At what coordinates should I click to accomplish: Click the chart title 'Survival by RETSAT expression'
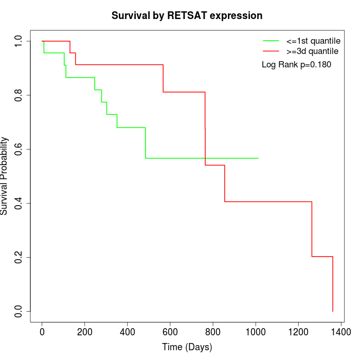click(x=187, y=15)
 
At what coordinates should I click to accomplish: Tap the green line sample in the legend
click(x=271, y=41)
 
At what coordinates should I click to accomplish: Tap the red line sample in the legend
click(x=271, y=51)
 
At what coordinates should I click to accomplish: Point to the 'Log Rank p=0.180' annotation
click(x=296, y=65)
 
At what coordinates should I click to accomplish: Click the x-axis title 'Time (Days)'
click(x=187, y=347)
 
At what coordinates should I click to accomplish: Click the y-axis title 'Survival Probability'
click(x=5, y=176)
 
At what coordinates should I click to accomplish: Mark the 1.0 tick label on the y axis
click(x=19, y=41)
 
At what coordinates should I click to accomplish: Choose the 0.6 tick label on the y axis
click(x=19, y=149)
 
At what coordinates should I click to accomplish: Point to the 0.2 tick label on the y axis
click(x=19, y=257)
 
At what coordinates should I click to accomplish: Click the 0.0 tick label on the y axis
click(x=19, y=311)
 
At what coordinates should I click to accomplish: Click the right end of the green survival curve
click(x=258, y=158)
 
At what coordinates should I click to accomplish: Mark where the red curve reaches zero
click(x=333, y=311)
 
